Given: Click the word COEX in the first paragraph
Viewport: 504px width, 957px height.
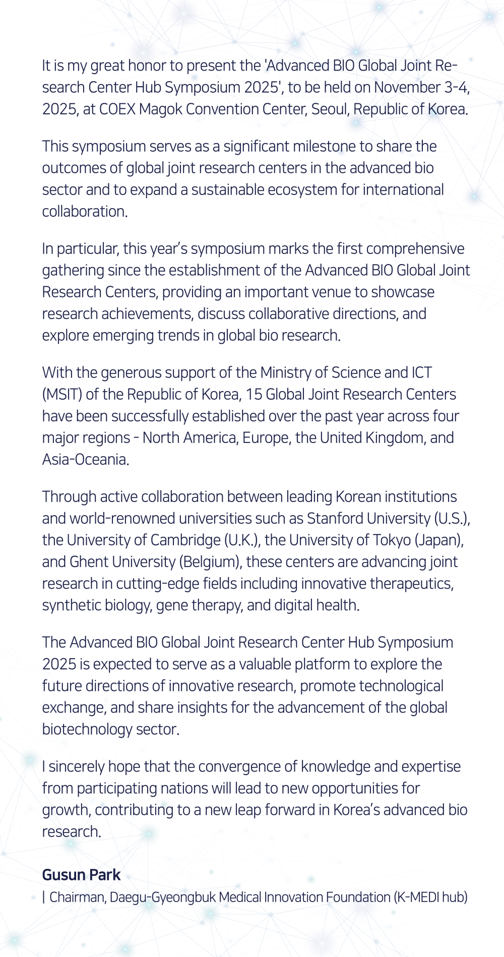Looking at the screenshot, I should (117, 109).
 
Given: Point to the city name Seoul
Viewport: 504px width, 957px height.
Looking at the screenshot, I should (330, 109).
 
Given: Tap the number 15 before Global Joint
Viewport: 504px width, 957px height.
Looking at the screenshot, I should (254, 395).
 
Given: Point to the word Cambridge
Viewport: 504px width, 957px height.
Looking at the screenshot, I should (185, 540).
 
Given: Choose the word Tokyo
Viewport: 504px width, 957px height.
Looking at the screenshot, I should (392, 540).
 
